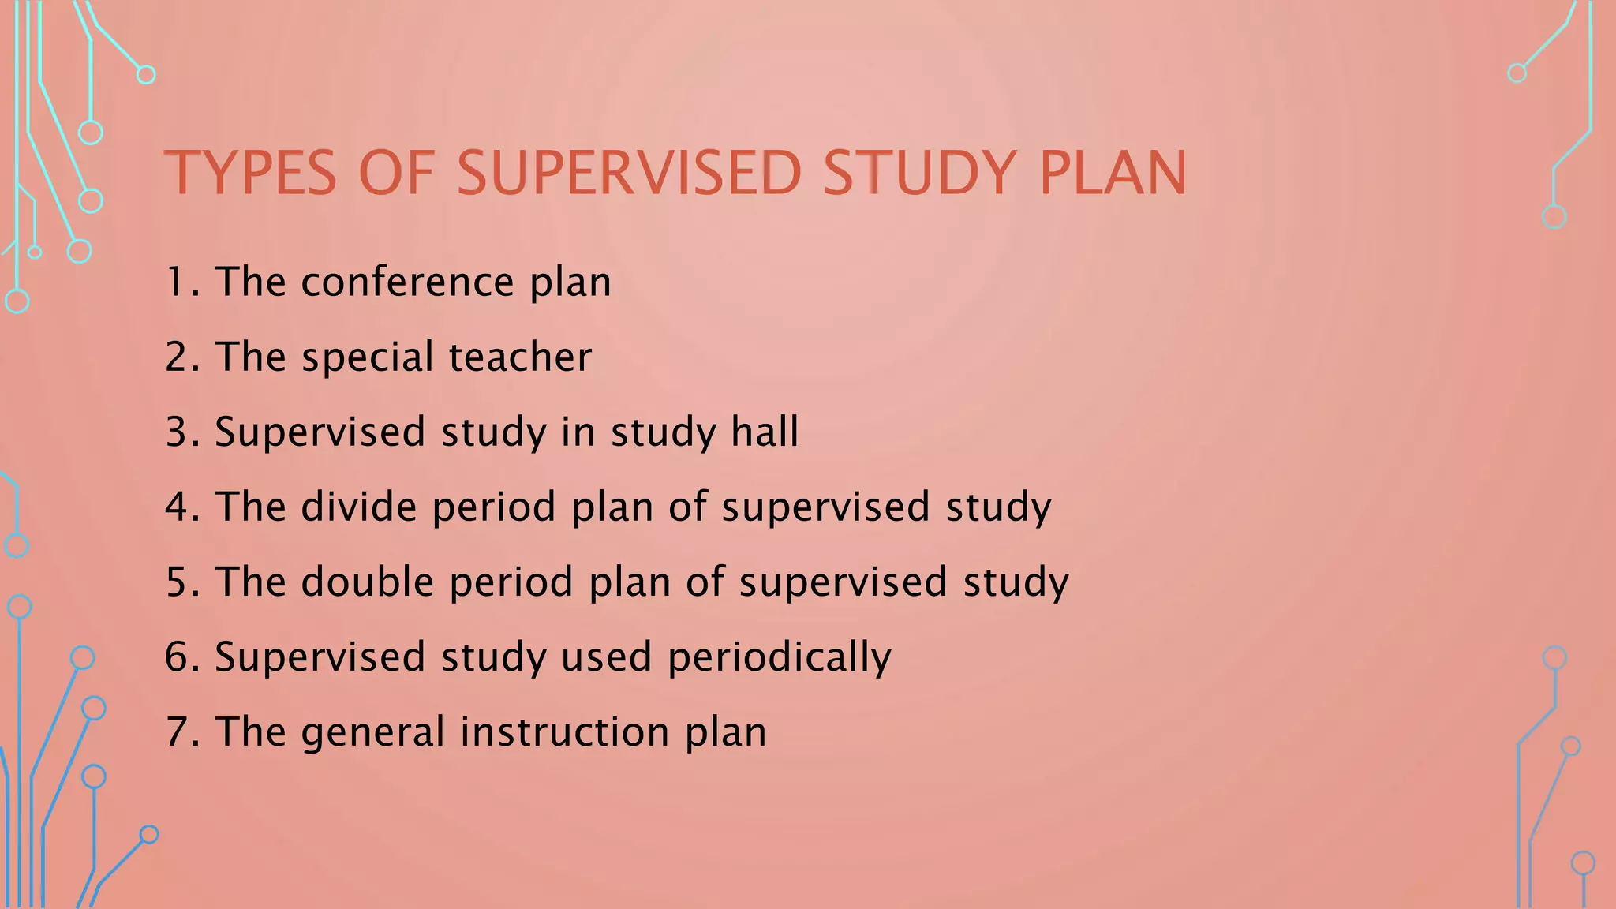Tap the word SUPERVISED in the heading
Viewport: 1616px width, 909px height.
(629, 173)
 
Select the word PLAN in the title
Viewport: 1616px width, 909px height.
(1113, 173)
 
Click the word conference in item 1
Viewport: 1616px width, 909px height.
(408, 282)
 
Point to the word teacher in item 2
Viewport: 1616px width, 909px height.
(520, 357)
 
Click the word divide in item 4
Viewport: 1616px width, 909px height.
(359, 506)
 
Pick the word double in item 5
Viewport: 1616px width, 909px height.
(368, 582)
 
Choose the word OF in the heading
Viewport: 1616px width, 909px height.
(397, 173)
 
